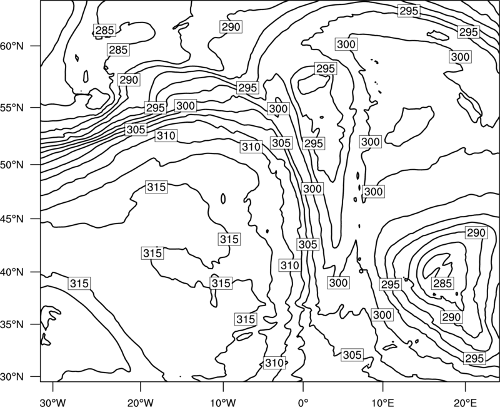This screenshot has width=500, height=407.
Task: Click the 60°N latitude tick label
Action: click(12, 46)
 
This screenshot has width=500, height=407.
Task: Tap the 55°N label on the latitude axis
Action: click(12, 107)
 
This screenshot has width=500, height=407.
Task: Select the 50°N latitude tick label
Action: click(12, 165)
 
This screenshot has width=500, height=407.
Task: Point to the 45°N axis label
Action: click(12, 219)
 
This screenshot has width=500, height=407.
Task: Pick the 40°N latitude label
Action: click(12, 272)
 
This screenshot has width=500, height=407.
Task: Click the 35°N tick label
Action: click(12, 324)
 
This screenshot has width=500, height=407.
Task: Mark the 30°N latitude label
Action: click(12, 377)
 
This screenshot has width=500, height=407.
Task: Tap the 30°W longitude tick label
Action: click(52, 402)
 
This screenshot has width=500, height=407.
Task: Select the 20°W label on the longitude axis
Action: click(140, 402)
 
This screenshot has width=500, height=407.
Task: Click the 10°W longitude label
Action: click(222, 402)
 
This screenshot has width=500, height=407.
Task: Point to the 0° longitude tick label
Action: click(303, 402)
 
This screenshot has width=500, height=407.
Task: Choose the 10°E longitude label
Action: click(382, 402)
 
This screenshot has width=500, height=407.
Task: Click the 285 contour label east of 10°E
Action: click(442, 283)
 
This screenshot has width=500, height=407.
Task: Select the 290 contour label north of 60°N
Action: click(231, 26)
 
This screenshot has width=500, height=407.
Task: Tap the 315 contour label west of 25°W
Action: click(79, 284)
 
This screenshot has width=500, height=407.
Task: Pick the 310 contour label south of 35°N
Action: click(274, 363)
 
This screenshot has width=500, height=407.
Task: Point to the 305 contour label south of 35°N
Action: click(352, 354)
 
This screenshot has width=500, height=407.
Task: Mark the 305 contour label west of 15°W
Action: click(136, 130)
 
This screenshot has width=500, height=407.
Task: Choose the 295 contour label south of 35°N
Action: click(474, 358)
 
